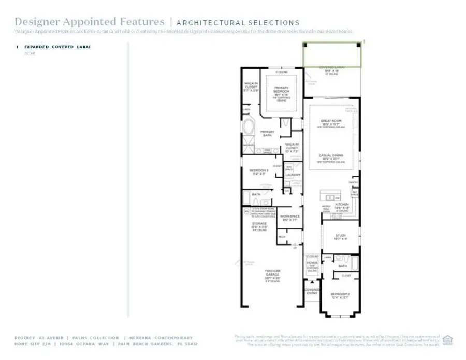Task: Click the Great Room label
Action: [331, 121]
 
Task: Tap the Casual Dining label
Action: [331, 155]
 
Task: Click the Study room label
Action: [340, 237]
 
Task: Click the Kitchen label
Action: [341, 205]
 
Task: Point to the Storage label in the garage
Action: [259, 224]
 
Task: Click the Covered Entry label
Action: [312, 291]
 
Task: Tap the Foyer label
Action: [312, 263]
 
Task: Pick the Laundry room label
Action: [293, 175]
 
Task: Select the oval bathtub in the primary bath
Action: [247, 127]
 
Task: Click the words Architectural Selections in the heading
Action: [238, 23]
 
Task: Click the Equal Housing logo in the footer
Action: [448, 340]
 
